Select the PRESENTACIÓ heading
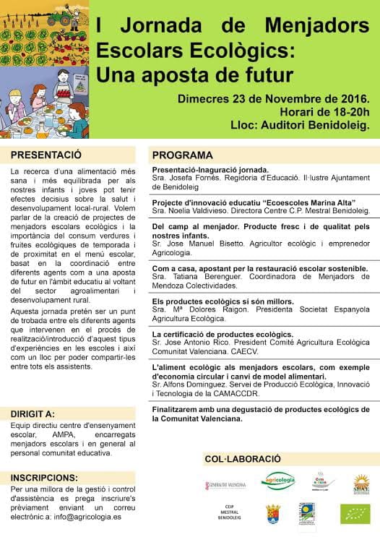(46, 155)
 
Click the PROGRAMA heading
(182, 155)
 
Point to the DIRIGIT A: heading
(33, 414)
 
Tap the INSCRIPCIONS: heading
(45, 478)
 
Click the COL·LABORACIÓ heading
(242, 459)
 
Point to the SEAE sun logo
(361, 483)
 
